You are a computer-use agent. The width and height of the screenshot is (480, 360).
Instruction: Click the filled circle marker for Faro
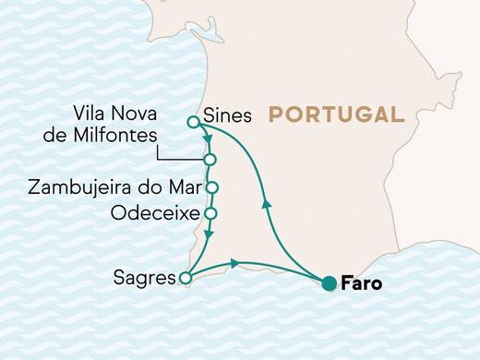[328, 284]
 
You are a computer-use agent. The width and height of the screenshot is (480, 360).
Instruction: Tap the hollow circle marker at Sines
[193, 121]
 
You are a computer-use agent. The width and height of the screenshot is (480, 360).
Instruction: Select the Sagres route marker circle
[185, 277]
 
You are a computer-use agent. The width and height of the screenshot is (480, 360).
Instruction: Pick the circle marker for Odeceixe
[210, 213]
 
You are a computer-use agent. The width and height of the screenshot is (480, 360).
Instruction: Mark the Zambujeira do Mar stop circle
[211, 187]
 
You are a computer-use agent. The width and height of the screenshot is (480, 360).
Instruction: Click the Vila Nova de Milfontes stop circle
[210, 161]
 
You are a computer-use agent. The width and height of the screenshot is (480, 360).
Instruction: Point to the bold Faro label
[361, 284]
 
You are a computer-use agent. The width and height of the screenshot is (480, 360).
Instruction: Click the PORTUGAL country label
[336, 116]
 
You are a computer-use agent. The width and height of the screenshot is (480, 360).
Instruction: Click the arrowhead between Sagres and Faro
[236, 264]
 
